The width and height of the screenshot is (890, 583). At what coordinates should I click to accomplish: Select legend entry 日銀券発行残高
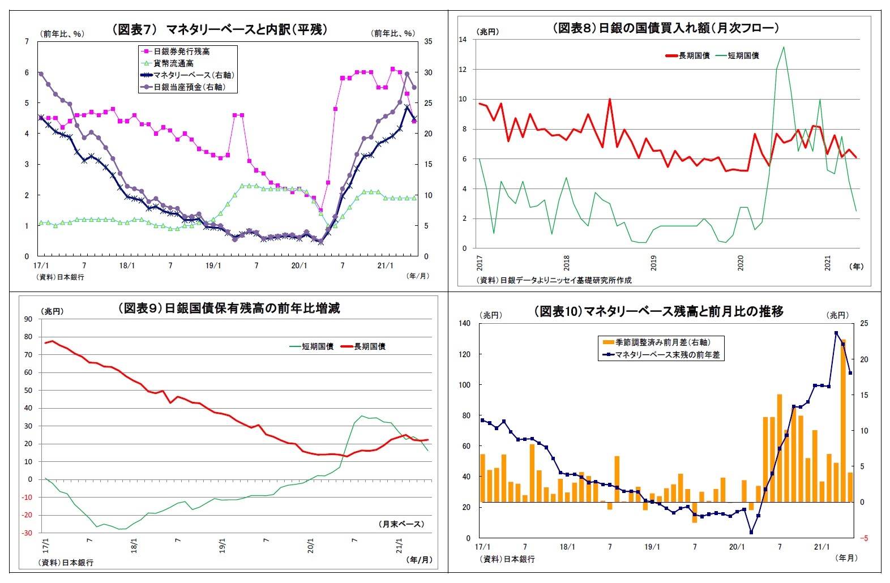click(x=181, y=52)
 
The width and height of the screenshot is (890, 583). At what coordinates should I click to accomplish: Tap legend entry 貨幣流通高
click(x=173, y=63)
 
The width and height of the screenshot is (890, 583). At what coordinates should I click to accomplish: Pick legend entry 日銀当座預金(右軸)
click(x=189, y=87)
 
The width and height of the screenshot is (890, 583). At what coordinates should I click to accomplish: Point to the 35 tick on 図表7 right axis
click(x=428, y=41)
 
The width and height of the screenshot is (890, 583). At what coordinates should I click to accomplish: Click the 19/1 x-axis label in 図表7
click(x=213, y=265)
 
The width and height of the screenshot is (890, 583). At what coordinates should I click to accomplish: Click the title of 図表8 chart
click(x=666, y=28)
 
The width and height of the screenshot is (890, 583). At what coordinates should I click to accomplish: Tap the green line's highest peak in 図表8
click(x=784, y=47)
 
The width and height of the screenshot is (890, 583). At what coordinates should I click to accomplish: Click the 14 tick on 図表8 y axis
click(x=463, y=40)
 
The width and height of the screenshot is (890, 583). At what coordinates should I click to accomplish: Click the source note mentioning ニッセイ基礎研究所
click(x=554, y=280)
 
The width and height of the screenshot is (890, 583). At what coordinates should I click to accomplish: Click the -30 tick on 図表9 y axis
click(x=27, y=533)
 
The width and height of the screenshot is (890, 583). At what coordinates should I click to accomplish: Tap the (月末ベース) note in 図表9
click(x=401, y=524)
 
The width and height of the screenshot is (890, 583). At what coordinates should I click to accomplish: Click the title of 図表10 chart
click(x=658, y=311)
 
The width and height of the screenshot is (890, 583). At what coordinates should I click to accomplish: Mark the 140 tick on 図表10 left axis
click(x=464, y=323)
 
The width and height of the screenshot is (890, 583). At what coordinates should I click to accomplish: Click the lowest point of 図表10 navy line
click(x=751, y=532)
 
